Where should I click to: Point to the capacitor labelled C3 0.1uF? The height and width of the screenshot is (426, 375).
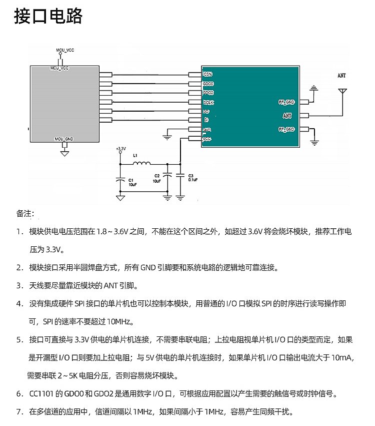[180, 176]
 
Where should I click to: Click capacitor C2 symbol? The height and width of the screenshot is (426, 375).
[167, 175]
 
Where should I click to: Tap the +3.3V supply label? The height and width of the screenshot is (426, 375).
[120, 149]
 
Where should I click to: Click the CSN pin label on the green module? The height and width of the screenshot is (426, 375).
[207, 74]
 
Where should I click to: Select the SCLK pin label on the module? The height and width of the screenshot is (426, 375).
[208, 102]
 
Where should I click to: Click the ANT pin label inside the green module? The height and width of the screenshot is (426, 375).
[287, 116]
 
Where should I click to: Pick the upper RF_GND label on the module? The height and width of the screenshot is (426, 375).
[286, 102]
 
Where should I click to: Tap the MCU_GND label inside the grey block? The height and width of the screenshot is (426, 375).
[63, 138]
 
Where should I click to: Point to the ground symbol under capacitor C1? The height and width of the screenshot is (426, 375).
[120, 198]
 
